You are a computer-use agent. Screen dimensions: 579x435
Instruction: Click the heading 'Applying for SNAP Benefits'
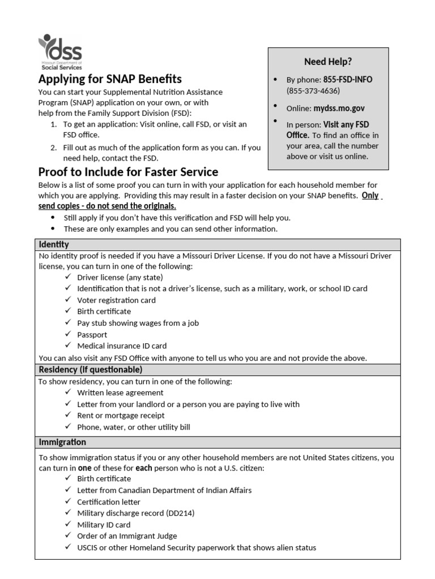(x=110, y=79)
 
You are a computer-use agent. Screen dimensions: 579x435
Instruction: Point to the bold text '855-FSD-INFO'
(x=348, y=80)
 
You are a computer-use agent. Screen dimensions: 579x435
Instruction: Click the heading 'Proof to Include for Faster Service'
(x=128, y=172)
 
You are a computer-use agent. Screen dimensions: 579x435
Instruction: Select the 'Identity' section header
(x=54, y=244)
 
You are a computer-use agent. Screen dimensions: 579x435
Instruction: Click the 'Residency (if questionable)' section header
(x=90, y=369)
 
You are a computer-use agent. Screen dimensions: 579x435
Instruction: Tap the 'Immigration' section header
(x=62, y=442)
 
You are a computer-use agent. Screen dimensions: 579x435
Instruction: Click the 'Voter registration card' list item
(x=116, y=300)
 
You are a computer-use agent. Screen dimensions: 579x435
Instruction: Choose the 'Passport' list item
(x=92, y=334)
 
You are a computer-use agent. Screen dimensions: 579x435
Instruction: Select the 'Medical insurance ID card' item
(x=122, y=345)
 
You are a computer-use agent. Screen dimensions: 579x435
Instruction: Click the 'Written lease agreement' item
(x=120, y=392)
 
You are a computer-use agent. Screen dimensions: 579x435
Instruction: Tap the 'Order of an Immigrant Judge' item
(x=127, y=536)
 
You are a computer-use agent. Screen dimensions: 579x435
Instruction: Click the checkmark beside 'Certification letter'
(x=67, y=502)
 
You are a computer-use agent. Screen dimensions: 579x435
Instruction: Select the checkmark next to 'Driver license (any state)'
(x=67, y=277)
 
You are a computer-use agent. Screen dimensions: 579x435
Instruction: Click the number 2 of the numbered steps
(x=53, y=148)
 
